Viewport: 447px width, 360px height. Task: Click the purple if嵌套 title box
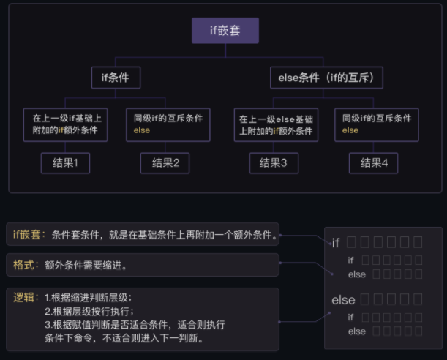coord(225,31)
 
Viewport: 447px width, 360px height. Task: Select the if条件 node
coord(116,76)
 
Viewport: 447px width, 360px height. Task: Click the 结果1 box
coord(65,162)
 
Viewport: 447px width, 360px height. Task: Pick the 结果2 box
coord(165,162)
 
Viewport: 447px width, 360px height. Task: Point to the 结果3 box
coord(274,162)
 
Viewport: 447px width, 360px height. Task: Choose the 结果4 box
coord(373,162)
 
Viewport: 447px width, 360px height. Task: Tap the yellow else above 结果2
coord(142,130)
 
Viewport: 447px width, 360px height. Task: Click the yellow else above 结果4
coord(350,130)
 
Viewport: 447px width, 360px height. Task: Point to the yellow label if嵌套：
coord(30,235)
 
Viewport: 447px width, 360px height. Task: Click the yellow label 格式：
coord(26,265)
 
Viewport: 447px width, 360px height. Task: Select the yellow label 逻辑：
coord(26,298)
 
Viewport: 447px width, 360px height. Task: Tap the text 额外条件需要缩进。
coord(86,266)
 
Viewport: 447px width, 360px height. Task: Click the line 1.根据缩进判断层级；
coord(89,298)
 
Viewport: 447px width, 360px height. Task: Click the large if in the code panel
coord(336,243)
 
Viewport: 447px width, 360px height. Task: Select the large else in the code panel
coord(343,300)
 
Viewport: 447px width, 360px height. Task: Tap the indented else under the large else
coord(356,331)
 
